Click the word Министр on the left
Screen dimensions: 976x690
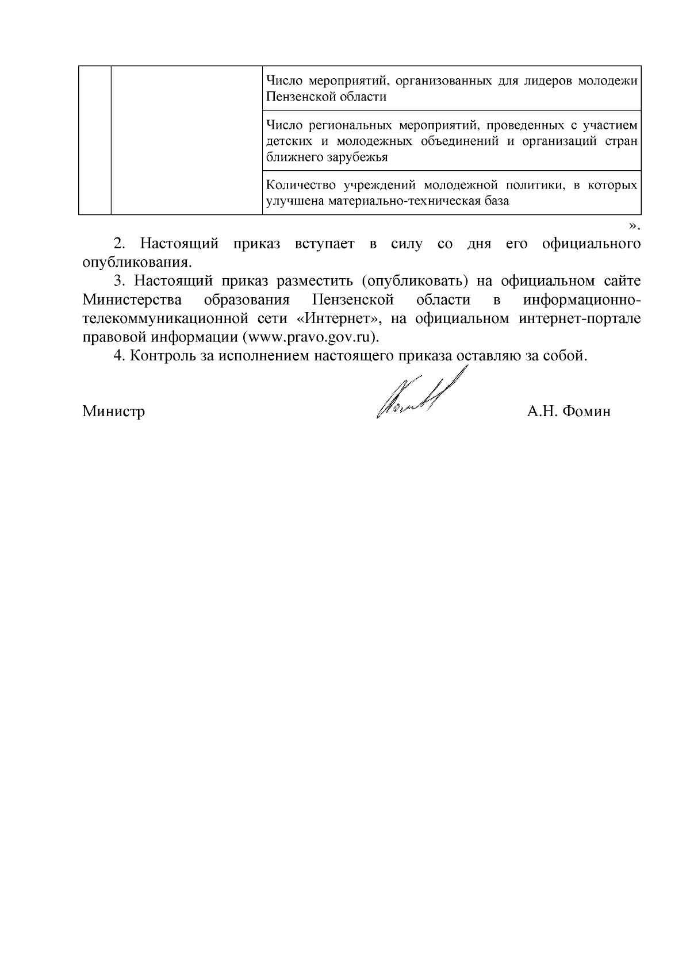[113, 412]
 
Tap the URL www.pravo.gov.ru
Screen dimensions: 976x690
[310, 337]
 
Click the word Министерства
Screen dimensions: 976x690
[132, 299]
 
